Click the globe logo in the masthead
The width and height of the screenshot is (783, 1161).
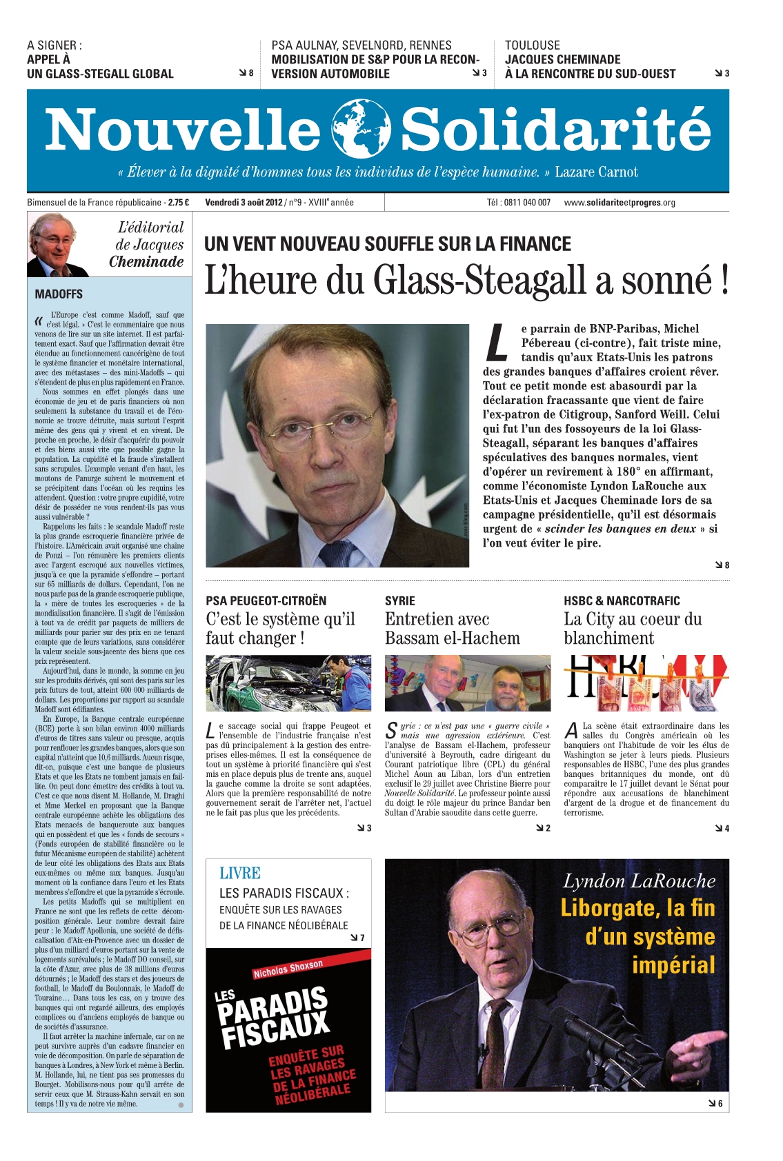tap(360, 129)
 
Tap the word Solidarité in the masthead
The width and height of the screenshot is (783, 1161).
tap(555, 130)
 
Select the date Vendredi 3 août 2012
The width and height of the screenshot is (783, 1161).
tap(244, 203)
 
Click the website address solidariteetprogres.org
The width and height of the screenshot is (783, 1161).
tap(620, 203)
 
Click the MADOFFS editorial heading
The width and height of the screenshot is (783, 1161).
tap(59, 294)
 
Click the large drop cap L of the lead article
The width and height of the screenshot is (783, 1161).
tap(497, 343)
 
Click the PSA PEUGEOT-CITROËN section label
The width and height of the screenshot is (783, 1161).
tap(266, 600)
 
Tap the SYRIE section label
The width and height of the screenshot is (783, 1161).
tap(400, 600)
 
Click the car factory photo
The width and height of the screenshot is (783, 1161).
tap(288, 683)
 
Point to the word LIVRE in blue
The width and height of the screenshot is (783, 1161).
tap(239, 874)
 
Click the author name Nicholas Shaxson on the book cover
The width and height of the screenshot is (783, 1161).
tap(288, 969)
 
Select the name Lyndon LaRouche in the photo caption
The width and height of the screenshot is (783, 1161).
tap(639, 881)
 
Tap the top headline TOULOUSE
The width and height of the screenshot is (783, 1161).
tap(532, 46)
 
